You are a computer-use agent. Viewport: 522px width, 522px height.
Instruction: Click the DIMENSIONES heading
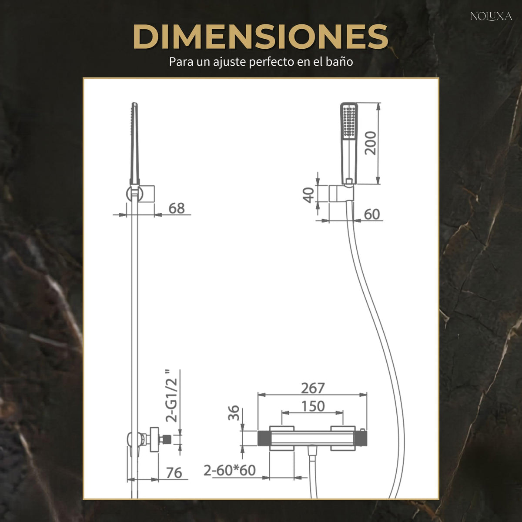tap(261, 37)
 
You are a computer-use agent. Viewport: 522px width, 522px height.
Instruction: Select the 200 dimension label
tap(371, 143)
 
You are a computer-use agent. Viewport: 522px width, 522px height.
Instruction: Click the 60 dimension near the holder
tap(371, 214)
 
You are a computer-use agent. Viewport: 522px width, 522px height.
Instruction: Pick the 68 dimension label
tap(177, 208)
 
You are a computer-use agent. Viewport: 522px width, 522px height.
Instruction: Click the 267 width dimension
tap(313, 388)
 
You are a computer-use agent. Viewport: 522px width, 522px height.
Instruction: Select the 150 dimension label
tap(313, 406)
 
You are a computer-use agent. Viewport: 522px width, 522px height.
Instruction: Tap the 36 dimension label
tap(234, 413)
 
